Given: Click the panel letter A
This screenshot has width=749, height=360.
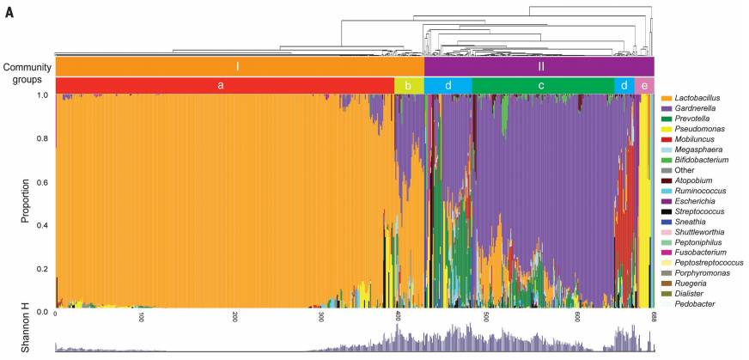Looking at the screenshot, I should point(9,15).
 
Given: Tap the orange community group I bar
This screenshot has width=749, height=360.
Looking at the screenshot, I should point(239,66).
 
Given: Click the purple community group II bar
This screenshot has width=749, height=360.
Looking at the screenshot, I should point(539,66).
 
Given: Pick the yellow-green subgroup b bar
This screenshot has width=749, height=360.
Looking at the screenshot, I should point(409,85).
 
